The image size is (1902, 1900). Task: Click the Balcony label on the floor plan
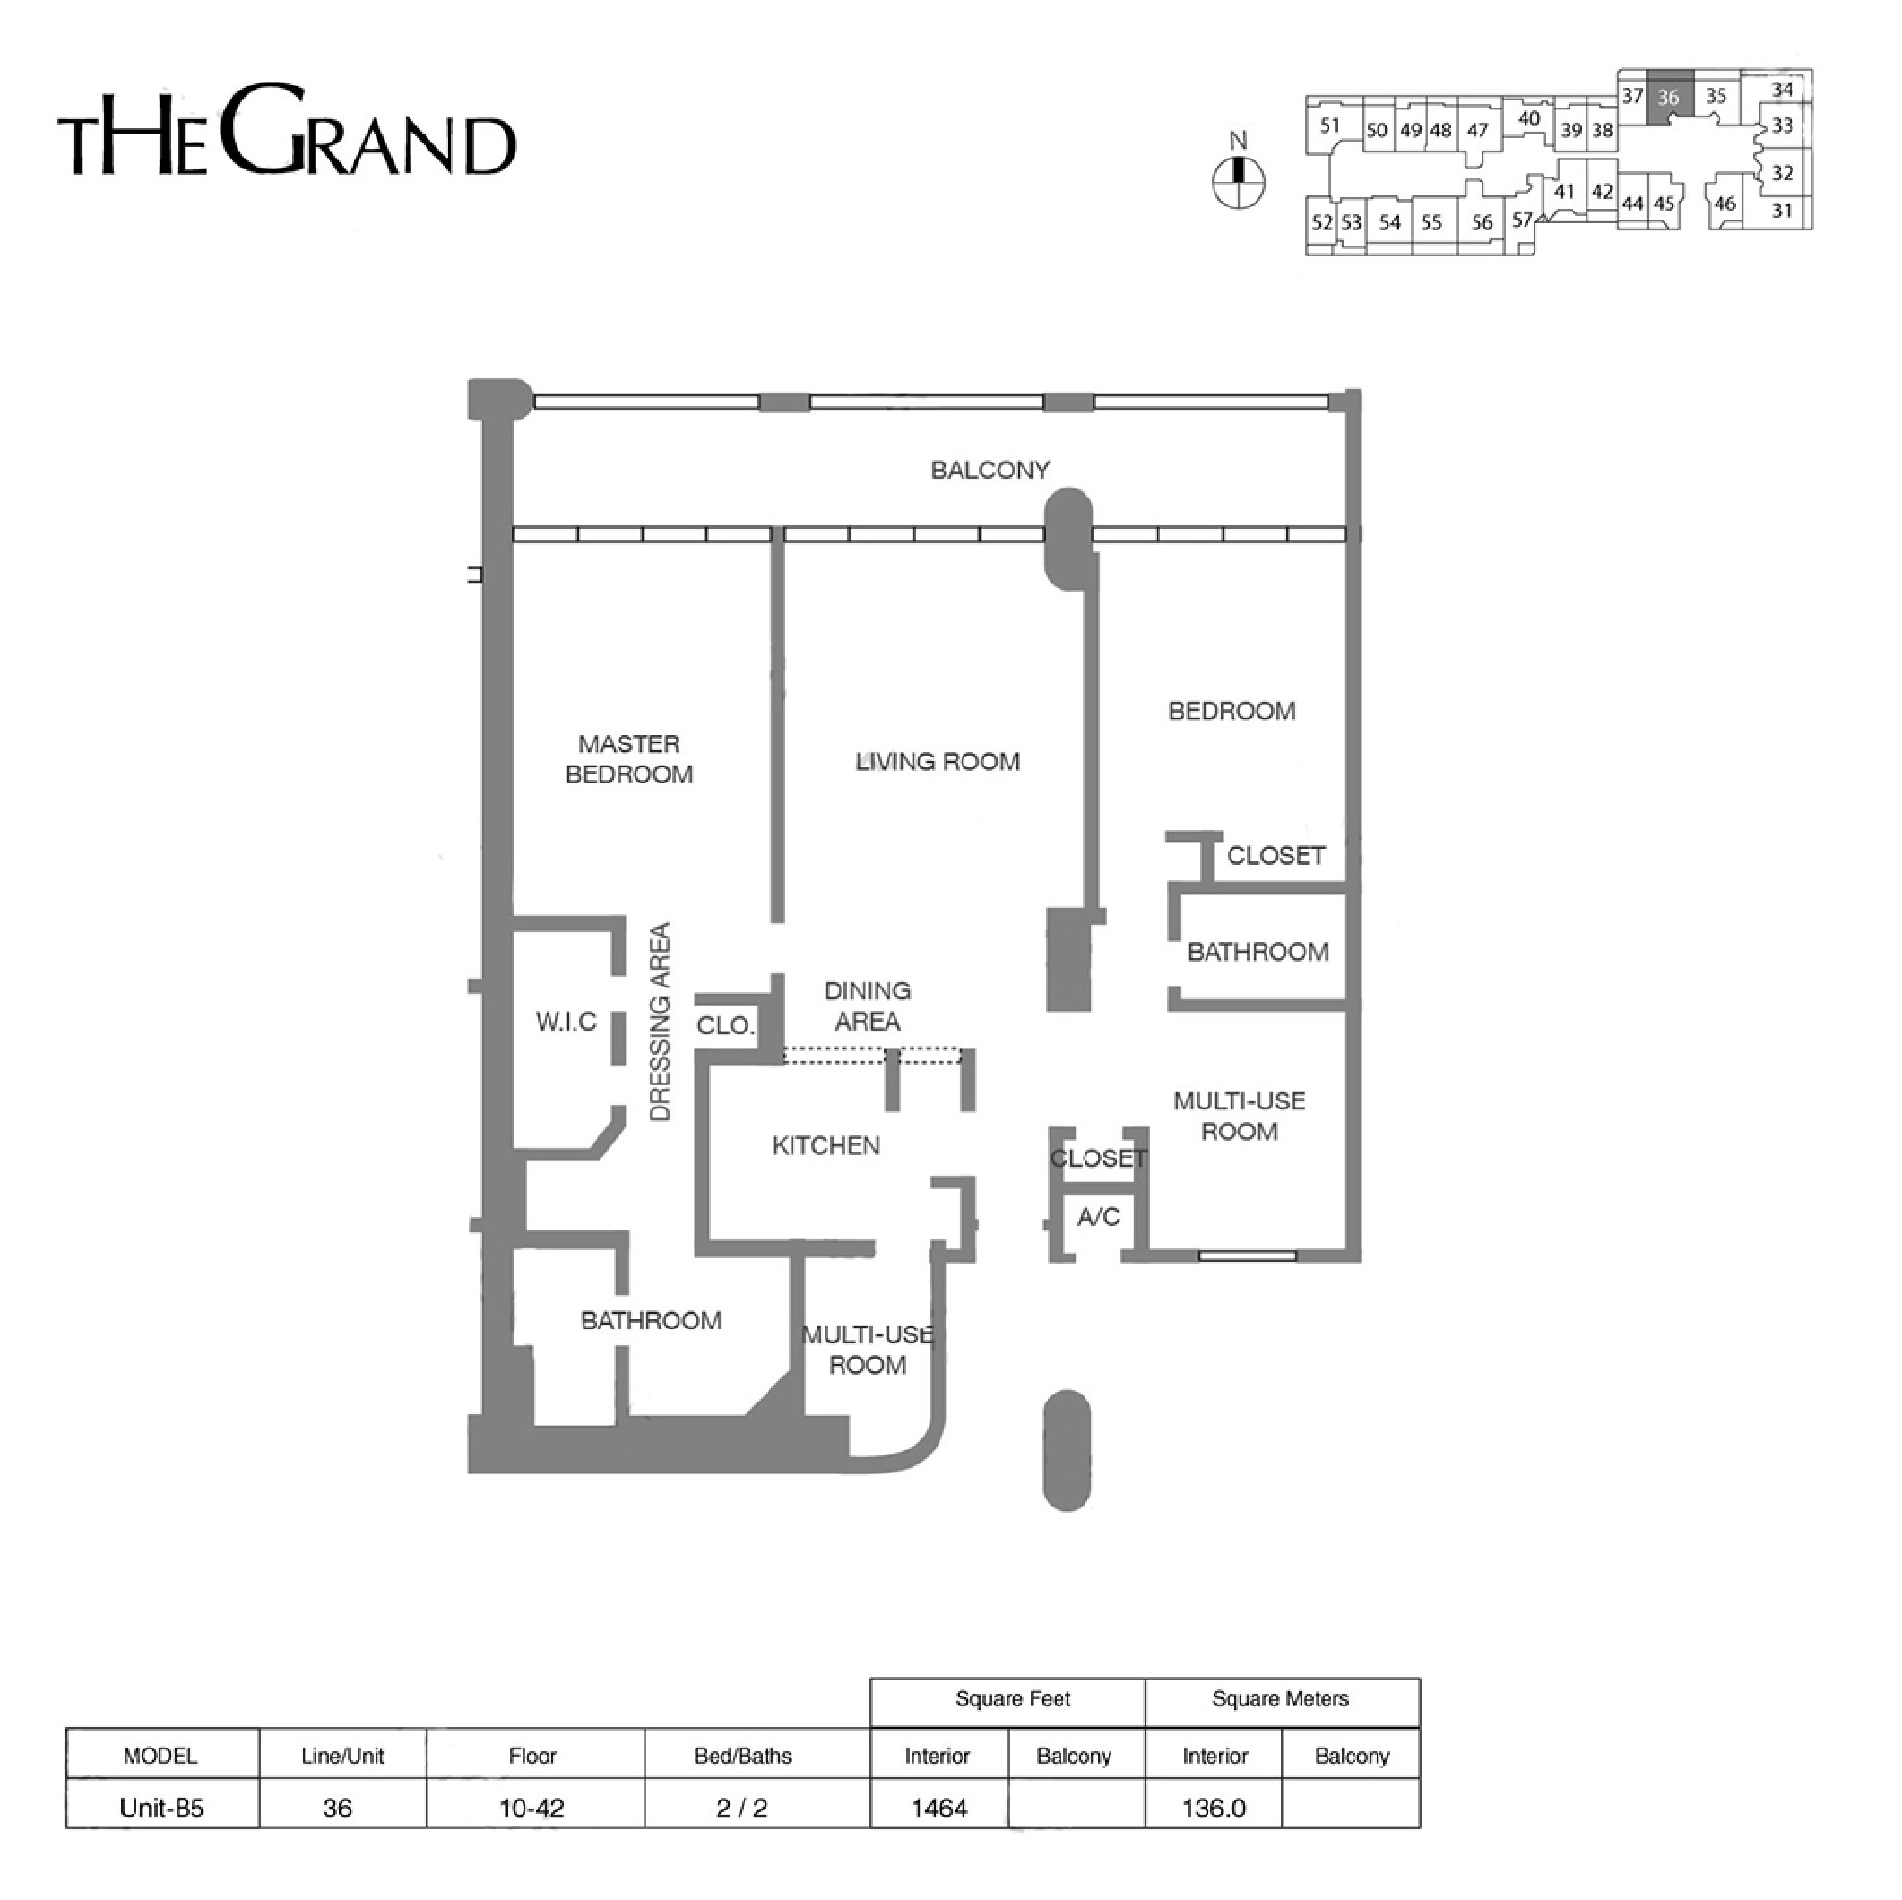click(989, 471)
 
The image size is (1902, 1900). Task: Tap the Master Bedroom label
click(629, 759)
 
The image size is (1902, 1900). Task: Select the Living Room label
click(938, 762)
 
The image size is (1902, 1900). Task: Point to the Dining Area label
click(867, 1006)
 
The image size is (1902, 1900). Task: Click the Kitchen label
click(826, 1145)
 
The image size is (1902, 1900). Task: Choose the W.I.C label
click(566, 1022)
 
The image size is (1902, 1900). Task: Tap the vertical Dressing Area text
click(661, 1021)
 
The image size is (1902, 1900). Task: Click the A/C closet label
click(1098, 1217)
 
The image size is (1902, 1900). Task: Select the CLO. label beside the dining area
click(725, 1026)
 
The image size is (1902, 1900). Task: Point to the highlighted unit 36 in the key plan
click(1670, 96)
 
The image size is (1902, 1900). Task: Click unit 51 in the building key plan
click(1330, 125)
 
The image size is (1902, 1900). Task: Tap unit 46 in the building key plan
click(1725, 204)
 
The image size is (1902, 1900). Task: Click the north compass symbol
click(1238, 182)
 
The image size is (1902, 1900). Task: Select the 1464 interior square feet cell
click(939, 1809)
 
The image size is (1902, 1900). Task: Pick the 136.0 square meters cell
click(1214, 1809)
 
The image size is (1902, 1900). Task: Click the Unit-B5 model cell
click(161, 1809)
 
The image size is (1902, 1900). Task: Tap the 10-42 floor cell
click(532, 1809)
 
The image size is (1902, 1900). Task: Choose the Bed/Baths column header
click(743, 1756)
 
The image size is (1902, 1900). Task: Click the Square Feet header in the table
click(1012, 1698)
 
